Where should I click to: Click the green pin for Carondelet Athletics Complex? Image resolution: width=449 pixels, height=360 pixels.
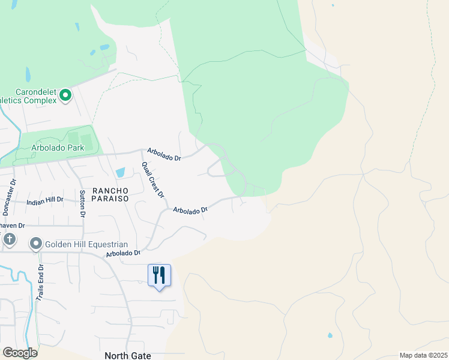pyautogui.click(x=65, y=95)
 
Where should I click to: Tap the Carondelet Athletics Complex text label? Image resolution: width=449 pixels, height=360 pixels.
pyautogui.click(x=28, y=97)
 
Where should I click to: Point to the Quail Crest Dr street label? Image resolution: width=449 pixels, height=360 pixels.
pyautogui.click(x=153, y=180)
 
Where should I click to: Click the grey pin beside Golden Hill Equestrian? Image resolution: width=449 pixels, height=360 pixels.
pyautogui.click(x=35, y=244)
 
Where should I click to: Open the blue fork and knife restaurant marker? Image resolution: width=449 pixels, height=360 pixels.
pyautogui.click(x=159, y=275)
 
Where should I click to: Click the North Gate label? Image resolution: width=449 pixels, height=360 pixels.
pyautogui.click(x=128, y=356)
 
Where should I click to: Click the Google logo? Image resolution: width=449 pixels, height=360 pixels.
pyautogui.click(x=20, y=353)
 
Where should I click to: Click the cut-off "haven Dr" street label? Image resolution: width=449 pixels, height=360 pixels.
pyautogui.click(x=11, y=226)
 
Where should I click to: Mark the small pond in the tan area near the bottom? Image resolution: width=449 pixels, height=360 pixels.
pyautogui.click(x=330, y=335)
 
